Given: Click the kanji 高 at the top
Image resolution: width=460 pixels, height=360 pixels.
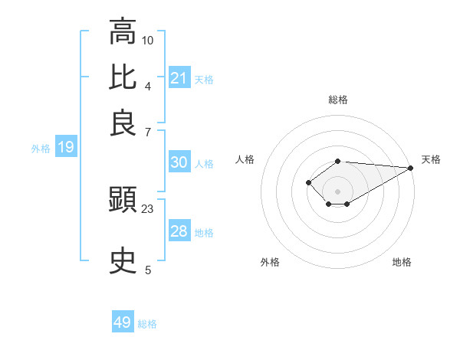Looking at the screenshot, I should (123, 34).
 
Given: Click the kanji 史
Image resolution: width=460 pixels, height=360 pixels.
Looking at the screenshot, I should (123, 261).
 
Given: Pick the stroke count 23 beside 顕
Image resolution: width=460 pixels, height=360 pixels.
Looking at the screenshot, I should (148, 208).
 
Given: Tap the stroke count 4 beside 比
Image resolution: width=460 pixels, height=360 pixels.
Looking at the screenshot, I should (148, 85).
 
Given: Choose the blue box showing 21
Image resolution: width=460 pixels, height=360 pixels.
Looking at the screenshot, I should (179, 78).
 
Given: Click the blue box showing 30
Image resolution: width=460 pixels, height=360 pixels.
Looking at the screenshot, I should (179, 162).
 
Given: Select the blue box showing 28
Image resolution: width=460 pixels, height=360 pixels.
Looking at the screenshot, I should (179, 231).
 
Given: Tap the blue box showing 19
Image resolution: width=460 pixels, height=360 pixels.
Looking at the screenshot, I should (66, 147).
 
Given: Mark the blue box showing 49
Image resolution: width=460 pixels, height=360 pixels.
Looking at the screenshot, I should (123, 322).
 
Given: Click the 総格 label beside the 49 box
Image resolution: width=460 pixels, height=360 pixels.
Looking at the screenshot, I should (147, 324).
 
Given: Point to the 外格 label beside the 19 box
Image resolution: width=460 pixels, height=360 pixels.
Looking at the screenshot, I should (41, 149).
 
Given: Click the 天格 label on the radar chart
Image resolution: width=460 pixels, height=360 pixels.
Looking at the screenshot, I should (431, 159).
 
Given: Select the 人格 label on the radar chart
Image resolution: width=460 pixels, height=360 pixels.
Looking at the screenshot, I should (245, 159).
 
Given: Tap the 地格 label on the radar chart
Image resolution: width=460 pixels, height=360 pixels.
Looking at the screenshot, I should (402, 263).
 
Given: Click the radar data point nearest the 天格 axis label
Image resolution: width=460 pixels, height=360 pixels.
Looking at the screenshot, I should (410, 167).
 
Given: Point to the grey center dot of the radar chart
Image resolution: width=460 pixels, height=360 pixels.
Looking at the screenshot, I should (337, 191).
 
